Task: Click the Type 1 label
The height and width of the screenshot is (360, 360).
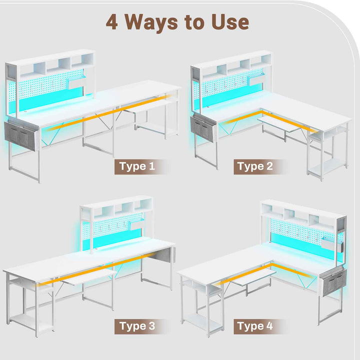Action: coord(137,166)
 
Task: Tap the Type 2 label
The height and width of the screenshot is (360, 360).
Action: coord(255,166)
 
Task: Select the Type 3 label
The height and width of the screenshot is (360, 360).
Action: coord(137,326)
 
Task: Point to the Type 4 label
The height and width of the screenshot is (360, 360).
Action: coord(255,326)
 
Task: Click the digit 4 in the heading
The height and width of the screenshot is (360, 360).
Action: coord(112,22)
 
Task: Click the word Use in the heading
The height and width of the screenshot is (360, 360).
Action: coord(230,22)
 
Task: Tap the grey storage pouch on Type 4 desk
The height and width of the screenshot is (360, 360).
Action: coord(333,283)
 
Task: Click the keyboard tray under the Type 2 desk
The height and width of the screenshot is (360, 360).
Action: coord(279,123)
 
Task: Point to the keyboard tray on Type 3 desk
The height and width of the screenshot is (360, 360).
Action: coord(89,276)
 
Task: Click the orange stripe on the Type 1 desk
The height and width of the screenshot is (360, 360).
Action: coord(109,112)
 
